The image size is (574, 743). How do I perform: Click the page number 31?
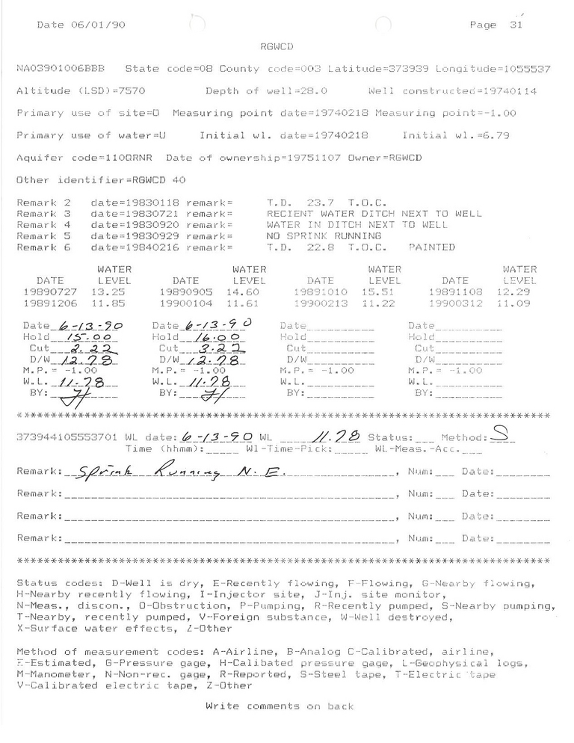(514, 25)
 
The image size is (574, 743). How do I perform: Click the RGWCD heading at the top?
(276, 46)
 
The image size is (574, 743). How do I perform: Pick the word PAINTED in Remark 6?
(432, 247)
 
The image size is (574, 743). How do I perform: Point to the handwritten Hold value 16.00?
(209, 338)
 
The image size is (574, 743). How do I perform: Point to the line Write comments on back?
(278, 706)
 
